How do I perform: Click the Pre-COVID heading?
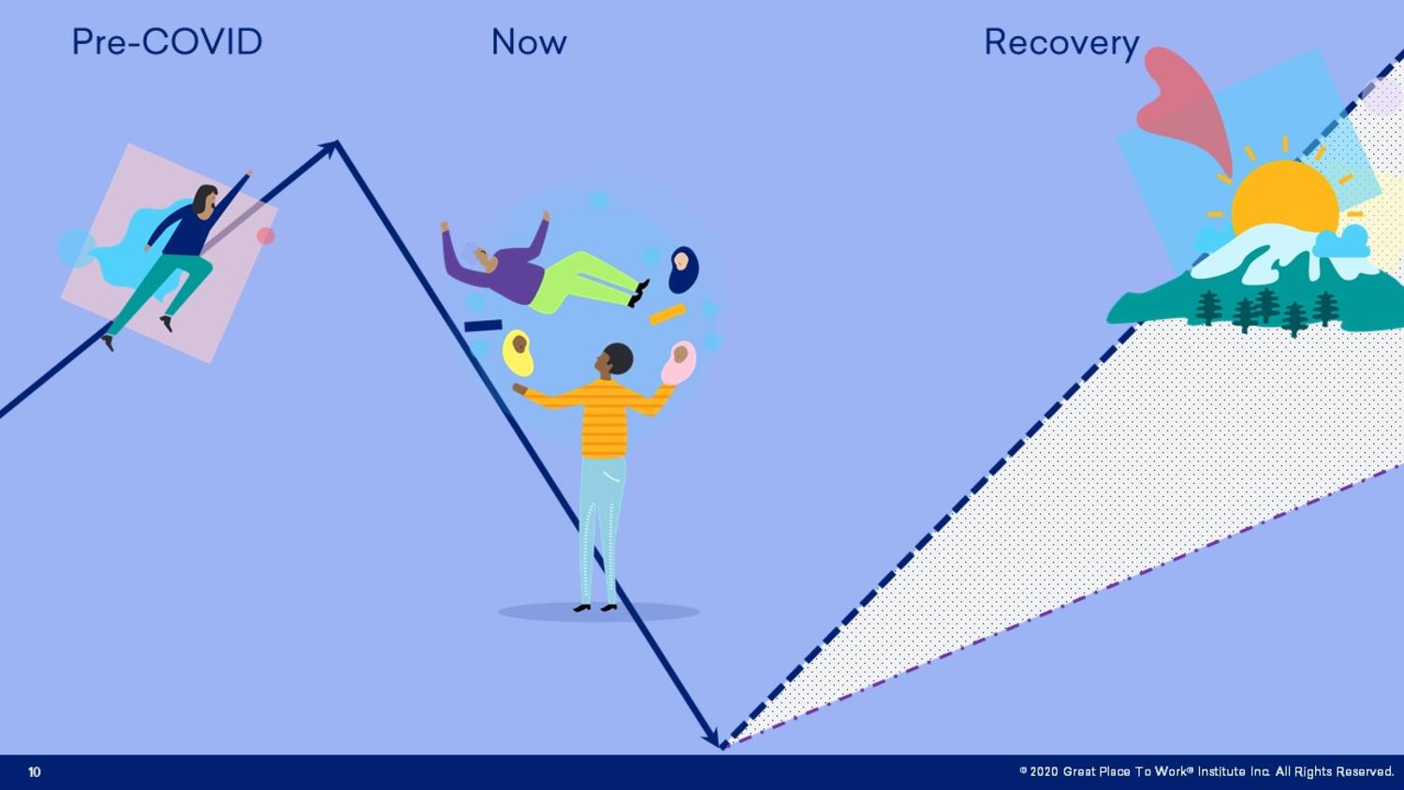(x=167, y=42)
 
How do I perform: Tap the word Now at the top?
(x=529, y=42)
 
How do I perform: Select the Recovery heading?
(x=1061, y=44)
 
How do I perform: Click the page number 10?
(x=35, y=772)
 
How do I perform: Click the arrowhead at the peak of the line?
(x=331, y=147)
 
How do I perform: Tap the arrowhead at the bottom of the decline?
(x=712, y=738)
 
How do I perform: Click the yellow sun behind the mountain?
(x=1284, y=194)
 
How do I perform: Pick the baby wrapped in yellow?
(x=519, y=353)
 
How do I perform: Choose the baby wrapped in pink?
(x=679, y=362)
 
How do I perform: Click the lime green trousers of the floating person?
(x=583, y=281)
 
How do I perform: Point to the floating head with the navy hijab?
(x=682, y=270)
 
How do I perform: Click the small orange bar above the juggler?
(x=667, y=315)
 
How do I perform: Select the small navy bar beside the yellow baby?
(x=483, y=326)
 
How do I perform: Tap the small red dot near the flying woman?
(x=266, y=236)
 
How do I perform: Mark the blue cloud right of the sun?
(x=1341, y=242)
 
